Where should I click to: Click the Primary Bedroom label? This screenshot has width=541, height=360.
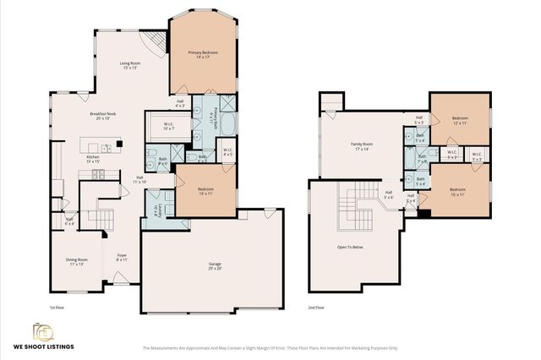tap(203, 55)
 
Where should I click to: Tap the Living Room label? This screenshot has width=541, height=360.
tap(129, 66)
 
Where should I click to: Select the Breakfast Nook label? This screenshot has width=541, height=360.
tap(104, 117)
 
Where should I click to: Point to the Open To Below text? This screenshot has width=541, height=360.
tap(349, 248)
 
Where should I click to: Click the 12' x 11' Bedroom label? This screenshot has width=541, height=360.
tap(459, 121)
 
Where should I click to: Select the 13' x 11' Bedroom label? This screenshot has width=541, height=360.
tap(205, 191)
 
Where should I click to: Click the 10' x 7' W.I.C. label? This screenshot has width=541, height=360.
tap(170, 128)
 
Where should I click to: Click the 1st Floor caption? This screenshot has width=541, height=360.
tap(57, 308)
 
